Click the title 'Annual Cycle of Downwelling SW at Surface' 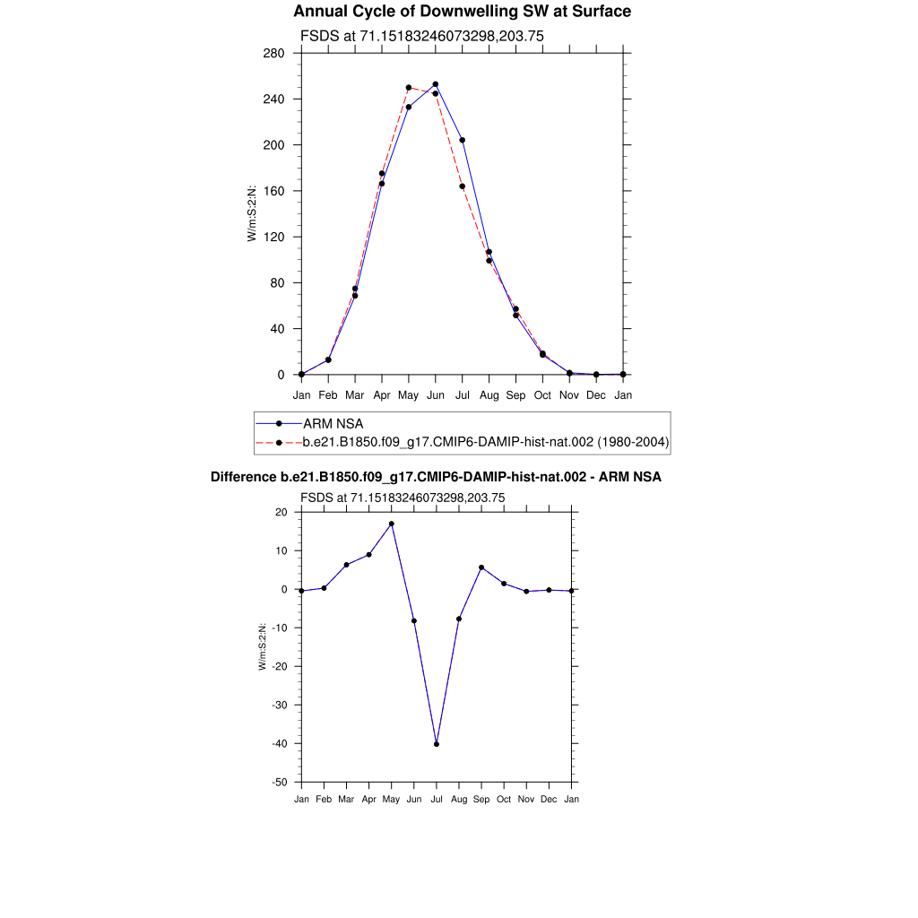tap(462, 12)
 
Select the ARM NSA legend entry tap(333, 423)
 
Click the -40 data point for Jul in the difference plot tap(437, 744)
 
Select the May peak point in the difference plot tap(392, 524)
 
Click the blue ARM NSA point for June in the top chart tap(436, 84)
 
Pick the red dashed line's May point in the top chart tap(409, 88)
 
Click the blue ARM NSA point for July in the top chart tap(463, 140)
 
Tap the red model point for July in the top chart tap(463, 186)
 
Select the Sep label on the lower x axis tap(481, 799)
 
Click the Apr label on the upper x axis tap(382, 394)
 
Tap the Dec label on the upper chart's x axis tap(596, 394)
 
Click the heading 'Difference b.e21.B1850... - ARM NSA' tap(436, 478)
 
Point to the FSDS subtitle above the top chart tap(421, 36)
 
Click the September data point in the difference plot tap(481, 567)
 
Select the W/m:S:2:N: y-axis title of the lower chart tap(263, 647)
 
